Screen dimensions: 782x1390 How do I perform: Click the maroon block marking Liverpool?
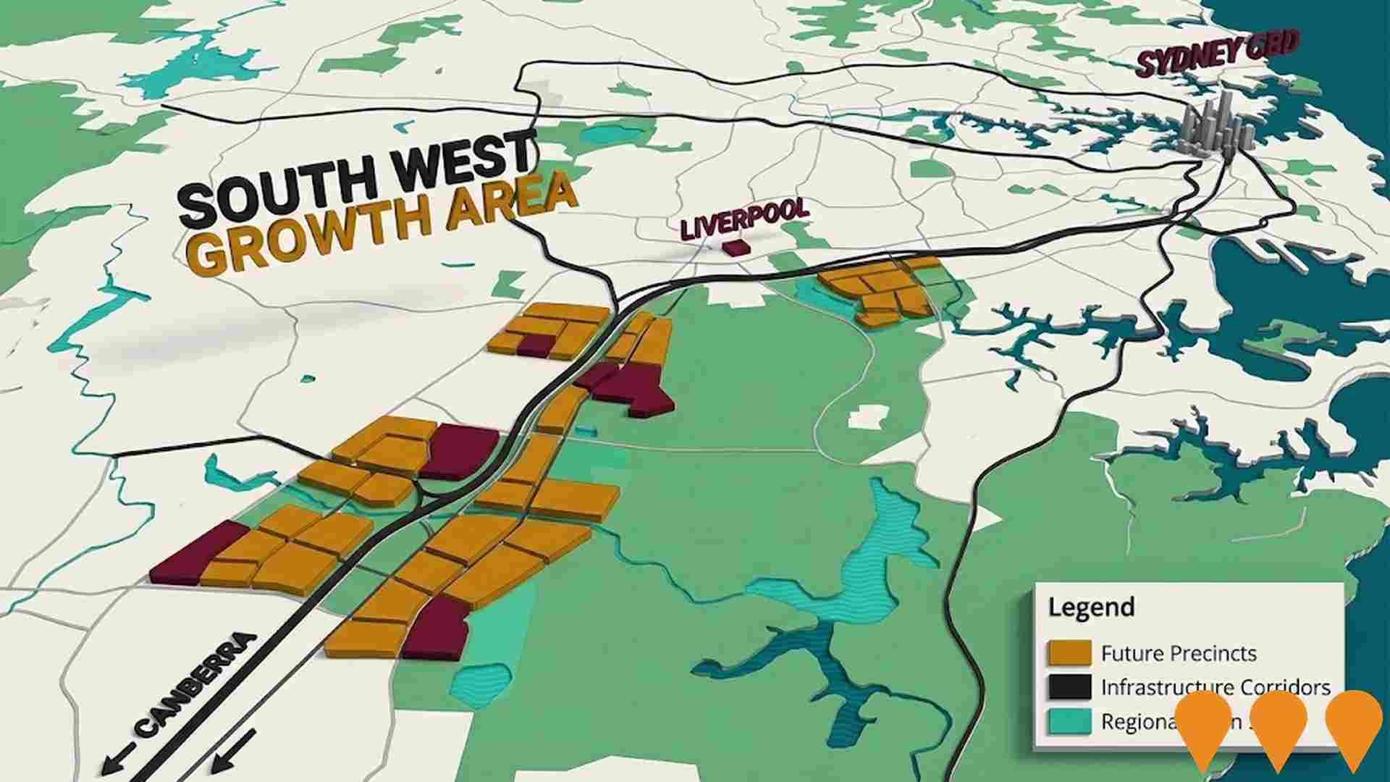click(x=734, y=248)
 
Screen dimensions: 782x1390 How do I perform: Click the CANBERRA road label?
click(x=196, y=684)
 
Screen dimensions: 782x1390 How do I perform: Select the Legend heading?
click(x=1091, y=607)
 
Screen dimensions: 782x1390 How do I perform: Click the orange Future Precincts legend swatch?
click(x=1069, y=653)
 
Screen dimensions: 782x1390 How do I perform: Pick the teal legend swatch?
click(x=1069, y=722)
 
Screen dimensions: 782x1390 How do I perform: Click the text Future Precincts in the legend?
click(x=1179, y=654)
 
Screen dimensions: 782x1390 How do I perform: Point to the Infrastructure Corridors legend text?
click(x=1216, y=687)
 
